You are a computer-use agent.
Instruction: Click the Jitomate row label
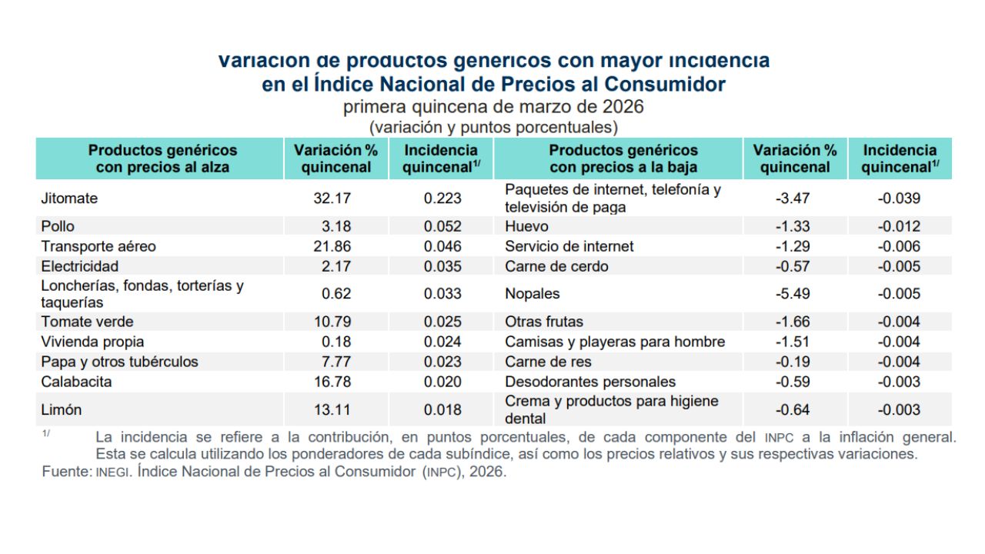(x=69, y=199)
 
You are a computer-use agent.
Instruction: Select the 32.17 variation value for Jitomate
(x=332, y=199)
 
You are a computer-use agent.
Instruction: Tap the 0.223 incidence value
(x=442, y=199)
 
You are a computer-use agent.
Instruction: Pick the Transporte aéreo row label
(x=98, y=246)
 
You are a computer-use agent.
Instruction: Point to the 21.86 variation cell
(x=332, y=246)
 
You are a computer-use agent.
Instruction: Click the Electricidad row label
(x=80, y=266)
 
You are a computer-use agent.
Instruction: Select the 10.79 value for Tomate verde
(x=332, y=322)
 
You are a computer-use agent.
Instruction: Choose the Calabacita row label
(x=76, y=382)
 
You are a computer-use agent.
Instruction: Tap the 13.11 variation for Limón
(x=332, y=410)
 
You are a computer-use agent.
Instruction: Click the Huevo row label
(x=526, y=226)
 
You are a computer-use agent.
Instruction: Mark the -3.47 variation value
(x=793, y=199)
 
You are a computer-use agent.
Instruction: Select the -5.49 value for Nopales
(x=793, y=294)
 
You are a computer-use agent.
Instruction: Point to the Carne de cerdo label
(x=556, y=266)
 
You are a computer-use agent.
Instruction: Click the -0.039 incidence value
(x=899, y=199)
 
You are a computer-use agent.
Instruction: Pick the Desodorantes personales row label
(x=590, y=382)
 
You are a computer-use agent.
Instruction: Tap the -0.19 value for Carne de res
(x=793, y=362)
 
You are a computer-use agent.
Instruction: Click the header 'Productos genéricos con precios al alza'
(x=162, y=159)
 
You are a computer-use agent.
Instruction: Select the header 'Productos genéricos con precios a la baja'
(x=623, y=159)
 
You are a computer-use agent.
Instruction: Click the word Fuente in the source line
(x=66, y=472)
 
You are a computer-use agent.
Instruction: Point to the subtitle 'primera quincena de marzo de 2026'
(x=493, y=106)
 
